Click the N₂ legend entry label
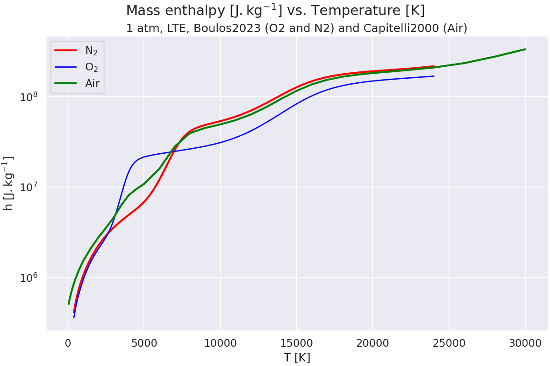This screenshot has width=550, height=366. pyautogui.click(x=92, y=50)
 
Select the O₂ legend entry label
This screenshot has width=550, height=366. pyautogui.click(x=92, y=67)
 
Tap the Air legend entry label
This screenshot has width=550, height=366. pyautogui.click(x=92, y=83)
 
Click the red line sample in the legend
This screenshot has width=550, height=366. pyautogui.click(x=66, y=50)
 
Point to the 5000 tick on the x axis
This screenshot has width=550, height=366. pyautogui.click(x=144, y=342)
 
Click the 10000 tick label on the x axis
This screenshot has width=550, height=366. pyautogui.click(x=220, y=342)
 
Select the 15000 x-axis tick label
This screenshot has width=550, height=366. pyautogui.click(x=297, y=342)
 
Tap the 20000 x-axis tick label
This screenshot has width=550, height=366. pyautogui.click(x=373, y=342)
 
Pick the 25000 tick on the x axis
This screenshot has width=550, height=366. pyautogui.click(x=449, y=342)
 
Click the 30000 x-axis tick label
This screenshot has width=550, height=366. pyautogui.click(x=525, y=342)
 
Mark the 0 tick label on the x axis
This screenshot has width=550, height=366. pyautogui.click(x=68, y=342)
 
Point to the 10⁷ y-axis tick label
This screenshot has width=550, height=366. pyautogui.click(x=31, y=187)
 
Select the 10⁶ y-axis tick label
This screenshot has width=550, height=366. pyautogui.click(x=31, y=277)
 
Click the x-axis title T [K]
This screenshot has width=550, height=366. pyautogui.click(x=297, y=357)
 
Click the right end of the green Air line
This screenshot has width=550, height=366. pyautogui.click(x=525, y=49)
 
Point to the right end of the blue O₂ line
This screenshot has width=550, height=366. pyautogui.click(x=434, y=76)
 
